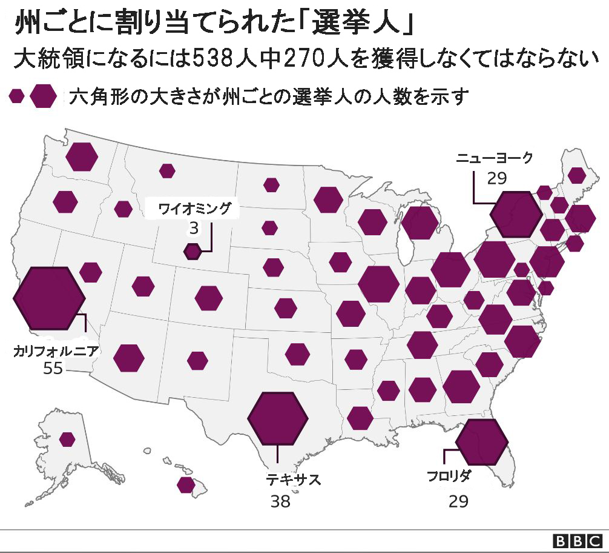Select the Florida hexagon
481,441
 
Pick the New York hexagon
516,214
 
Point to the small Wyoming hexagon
193,250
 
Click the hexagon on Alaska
67,439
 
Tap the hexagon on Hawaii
186,484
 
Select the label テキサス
293,480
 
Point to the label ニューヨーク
495,158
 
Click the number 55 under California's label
53,368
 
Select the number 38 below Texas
280,501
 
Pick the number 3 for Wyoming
194,228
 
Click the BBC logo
578,540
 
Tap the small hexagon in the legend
17,96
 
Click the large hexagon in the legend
44,96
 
